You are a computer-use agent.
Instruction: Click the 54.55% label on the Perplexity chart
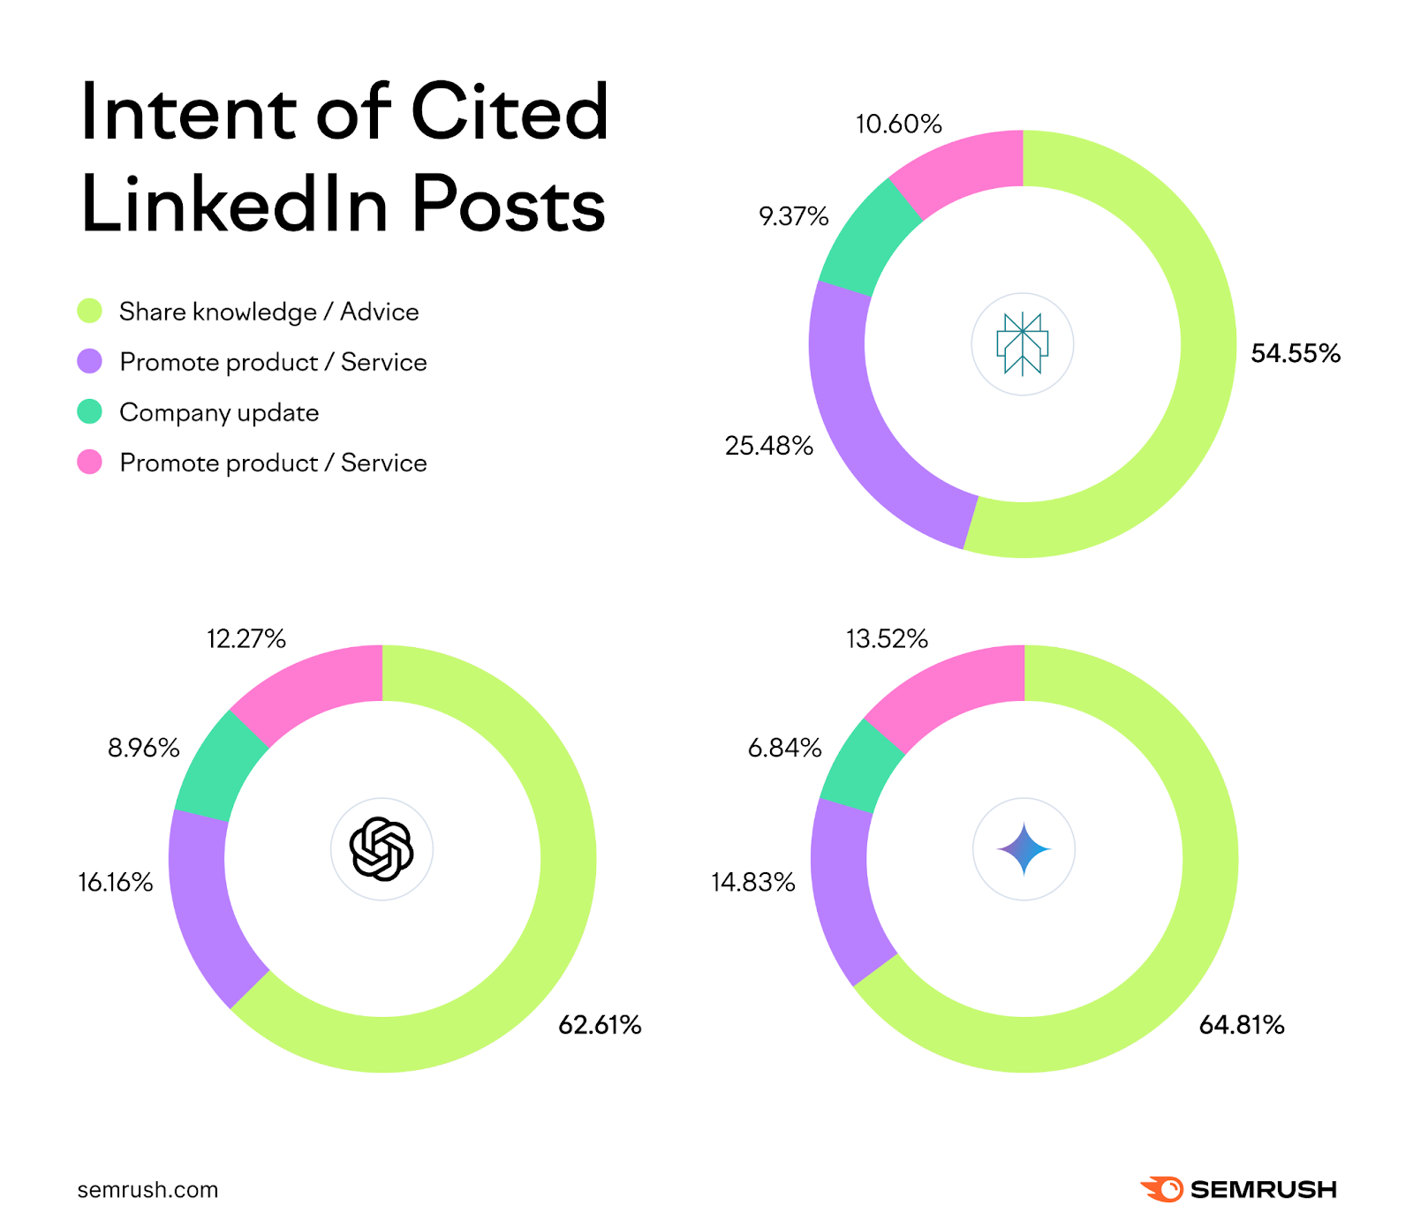(1295, 354)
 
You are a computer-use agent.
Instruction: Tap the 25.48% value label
(768, 446)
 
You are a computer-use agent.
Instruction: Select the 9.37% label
(793, 216)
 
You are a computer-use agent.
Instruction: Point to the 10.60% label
(898, 124)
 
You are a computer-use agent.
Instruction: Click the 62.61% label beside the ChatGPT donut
(600, 1025)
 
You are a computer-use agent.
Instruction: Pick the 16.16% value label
(115, 882)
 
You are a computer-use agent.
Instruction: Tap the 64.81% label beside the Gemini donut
(1241, 1025)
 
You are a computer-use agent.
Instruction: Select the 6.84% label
(784, 749)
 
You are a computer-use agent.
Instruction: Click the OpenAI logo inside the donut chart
(382, 849)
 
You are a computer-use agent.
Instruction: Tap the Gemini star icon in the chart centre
(1024, 849)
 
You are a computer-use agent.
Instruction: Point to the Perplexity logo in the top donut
(1022, 344)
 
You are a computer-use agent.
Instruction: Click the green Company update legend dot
(89, 411)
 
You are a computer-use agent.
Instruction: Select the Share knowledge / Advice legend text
(268, 312)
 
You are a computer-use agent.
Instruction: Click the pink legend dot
(89, 462)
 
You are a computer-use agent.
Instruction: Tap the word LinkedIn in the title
(234, 205)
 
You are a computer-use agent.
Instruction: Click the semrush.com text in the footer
(147, 1190)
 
